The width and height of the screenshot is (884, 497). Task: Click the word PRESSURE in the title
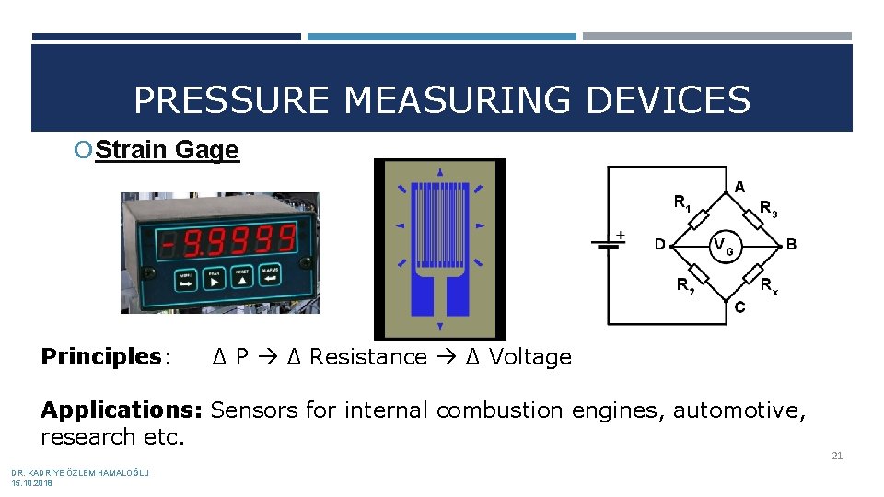[230, 99]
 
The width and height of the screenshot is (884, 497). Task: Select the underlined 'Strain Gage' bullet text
[167, 150]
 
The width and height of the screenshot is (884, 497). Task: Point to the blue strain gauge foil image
[439, 248]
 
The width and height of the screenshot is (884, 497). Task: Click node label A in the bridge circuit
[739, 186]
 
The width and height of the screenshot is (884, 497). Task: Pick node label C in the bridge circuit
[739, 307]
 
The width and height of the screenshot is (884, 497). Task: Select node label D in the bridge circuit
[659, 245]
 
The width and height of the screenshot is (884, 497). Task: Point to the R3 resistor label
[768, 209]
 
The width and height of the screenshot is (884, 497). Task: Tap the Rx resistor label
[768, 285]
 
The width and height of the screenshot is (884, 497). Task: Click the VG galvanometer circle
[724, 245]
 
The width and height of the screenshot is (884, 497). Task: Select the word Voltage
[529, 357]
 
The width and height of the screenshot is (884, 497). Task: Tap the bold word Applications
[124, 410]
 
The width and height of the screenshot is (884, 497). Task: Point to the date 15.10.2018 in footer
[32, 482]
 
